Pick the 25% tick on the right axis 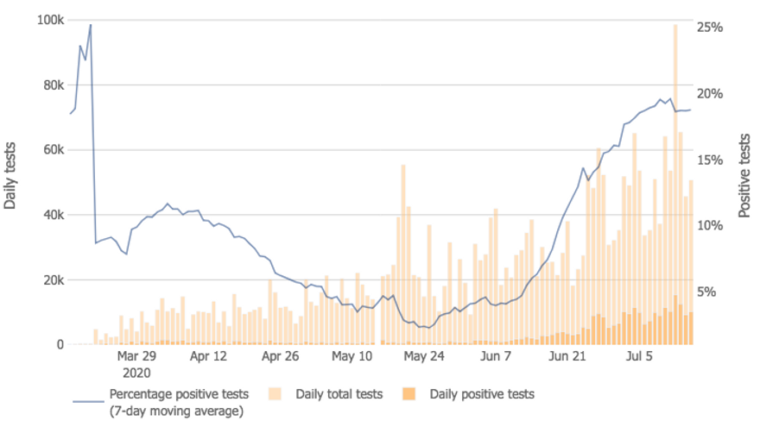(710, 28)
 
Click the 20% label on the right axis (710, 94)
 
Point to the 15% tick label (710, 160)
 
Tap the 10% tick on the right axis (710, 225)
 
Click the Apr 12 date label (207, 355)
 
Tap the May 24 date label (424, 355)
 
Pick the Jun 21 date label (567, 355)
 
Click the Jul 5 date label (639, 355)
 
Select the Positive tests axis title (744, 176)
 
